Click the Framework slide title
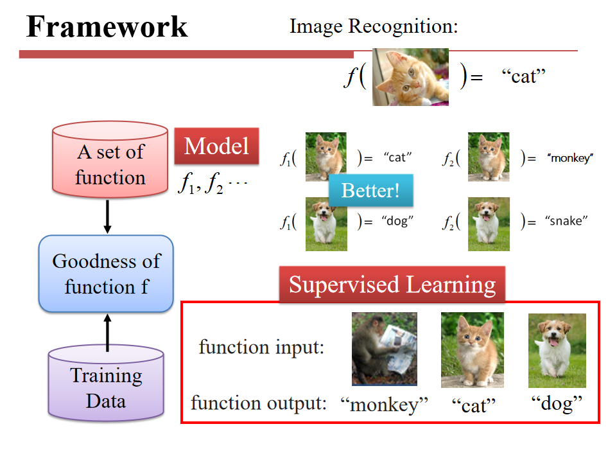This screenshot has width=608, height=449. point(107,26)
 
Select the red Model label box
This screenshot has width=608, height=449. point(216,146)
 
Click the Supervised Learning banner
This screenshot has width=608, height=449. point(392,285)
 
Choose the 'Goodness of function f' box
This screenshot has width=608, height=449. point(106,274)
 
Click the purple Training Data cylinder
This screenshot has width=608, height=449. point(106,385)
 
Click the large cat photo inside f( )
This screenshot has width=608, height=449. point(410,77)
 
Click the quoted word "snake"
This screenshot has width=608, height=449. point(566,222)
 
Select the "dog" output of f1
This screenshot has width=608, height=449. point(397,222)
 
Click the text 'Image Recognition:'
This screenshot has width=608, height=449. point(374,26)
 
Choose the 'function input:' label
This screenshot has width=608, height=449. point(261,348)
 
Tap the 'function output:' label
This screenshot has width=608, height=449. point(259,403)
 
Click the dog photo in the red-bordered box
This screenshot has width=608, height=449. point(557,350)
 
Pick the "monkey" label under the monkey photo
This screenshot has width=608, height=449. point(384,405)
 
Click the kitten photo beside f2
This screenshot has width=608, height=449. point(488,157)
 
